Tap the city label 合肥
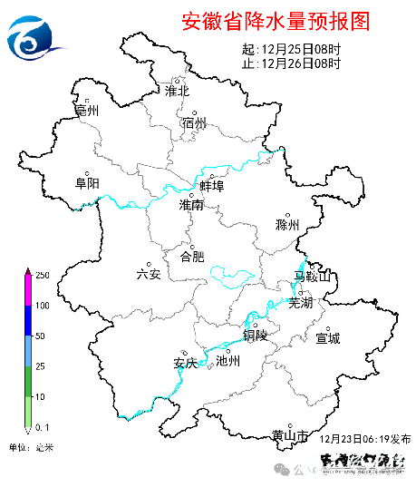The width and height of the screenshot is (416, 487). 192,256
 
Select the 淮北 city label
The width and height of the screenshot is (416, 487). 177,91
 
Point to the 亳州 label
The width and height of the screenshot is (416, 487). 87,111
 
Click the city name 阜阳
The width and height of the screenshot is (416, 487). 87,183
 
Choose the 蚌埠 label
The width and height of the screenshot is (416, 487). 212,186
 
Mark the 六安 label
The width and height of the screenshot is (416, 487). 148,274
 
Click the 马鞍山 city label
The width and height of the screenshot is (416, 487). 314,276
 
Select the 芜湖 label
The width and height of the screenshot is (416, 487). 300,304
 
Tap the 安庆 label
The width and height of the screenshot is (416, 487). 185,365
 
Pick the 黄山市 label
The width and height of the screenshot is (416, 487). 291,436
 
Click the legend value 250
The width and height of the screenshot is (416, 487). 42,275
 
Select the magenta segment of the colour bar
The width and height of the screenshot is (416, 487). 28,290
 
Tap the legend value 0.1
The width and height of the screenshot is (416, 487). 42,425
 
